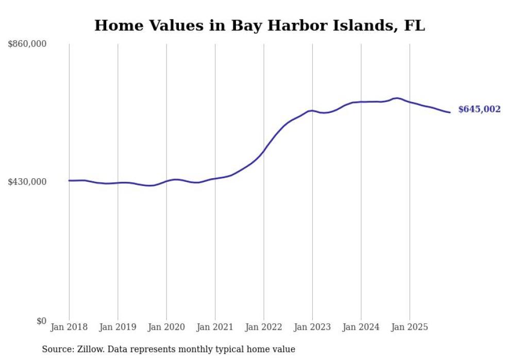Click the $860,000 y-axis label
(27, 44)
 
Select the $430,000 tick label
(27, 182)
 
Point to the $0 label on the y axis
(41, 321)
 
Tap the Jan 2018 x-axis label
(69, 327)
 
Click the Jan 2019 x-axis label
(117, 327)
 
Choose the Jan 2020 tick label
(166, 327)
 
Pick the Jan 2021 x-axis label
(215, 327)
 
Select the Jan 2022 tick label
(264, 327)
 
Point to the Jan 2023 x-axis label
(312, 327)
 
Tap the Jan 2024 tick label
(361, 327)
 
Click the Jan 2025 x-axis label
(410, 327)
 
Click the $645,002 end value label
(479, 109)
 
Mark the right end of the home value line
(450, 112)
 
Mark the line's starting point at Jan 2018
(69, 180)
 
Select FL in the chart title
(415, 26)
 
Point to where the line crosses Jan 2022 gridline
(264, 150)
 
